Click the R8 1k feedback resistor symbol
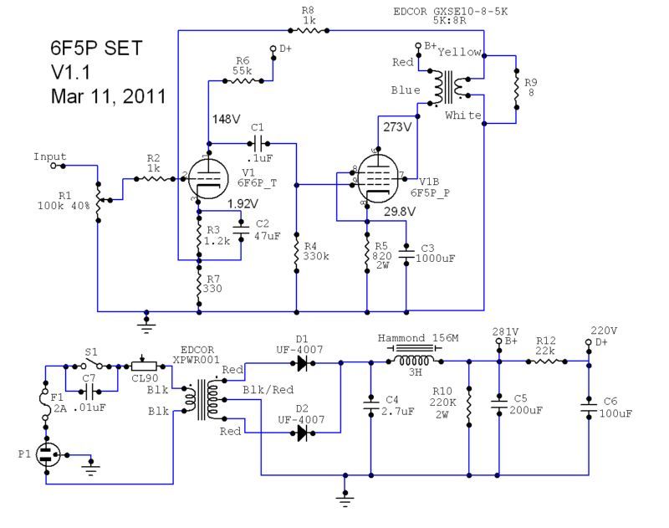pyautogui.click(x=309, y=30)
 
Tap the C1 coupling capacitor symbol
pyautogui.click(x=258, y=144)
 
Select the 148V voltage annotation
pyautogui.click(x=226, y=119)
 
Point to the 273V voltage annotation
pyautogui.click(x=397, y=127)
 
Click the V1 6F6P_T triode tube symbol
pyautogui.click(x=208, y=179)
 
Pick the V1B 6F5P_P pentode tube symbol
pyautogui.click(x=378, y=178)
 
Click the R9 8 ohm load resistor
pyautogui.click(x=516, y=89)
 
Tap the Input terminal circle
pyautogui.click(x=53, y=166)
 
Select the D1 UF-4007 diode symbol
pyautogui.click(x=302, y=363)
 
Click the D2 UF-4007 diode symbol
pyautogui.click(x=302, y=433)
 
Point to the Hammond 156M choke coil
pyautogui.click(x=414, y=361)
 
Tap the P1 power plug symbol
pyautogui.click(x=47, y=455)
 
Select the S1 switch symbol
pyautogui.click(x=93, y=365)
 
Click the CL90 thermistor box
pyautogui.click(x=144, y=366)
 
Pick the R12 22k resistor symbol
pyautogui.click(x=547, y=361)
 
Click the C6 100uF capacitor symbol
pyautogui.click(x=589, y=407)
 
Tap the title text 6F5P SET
pyautogui.click(x=96, y=48)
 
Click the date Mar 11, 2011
pyautogui.click(x=109, y=96)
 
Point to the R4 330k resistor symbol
pyautogui.click(x=297, y=252)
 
